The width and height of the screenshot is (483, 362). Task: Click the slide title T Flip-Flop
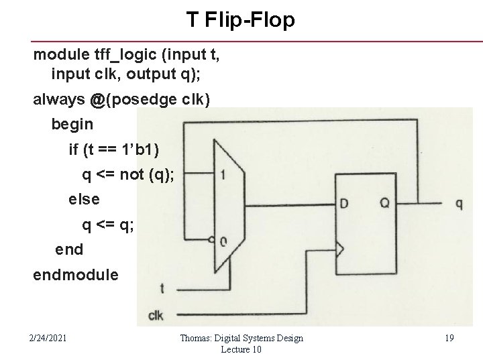coord(241,21)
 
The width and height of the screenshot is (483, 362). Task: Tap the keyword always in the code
coord(59,100)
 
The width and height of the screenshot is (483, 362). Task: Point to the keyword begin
coord(72,125)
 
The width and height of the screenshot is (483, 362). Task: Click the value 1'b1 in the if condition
coord(152,149)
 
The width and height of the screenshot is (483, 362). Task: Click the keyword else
coord(84,199)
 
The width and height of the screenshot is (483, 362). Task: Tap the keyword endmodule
coord(75,275)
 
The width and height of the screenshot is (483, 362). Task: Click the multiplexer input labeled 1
coord(223,175)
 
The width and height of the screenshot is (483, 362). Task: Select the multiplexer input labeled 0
coord(223,242)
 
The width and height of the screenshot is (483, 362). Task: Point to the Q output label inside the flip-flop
coord(384,203)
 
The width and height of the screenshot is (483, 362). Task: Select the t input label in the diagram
coord(162,289)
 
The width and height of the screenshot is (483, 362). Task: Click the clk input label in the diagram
coord(155,315)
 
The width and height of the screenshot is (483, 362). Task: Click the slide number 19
coord(449,339)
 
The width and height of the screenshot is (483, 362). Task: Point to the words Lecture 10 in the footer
coord(241,350)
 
